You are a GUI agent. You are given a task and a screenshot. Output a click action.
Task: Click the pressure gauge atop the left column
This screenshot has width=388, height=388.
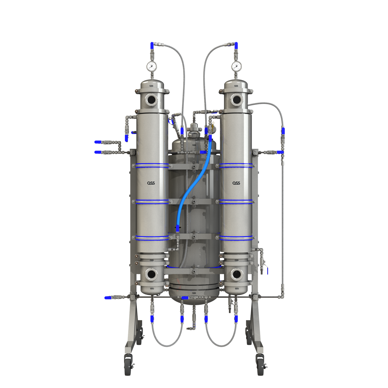coord(151,66)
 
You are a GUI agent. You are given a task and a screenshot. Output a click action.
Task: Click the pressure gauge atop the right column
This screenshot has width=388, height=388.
coord(236,66)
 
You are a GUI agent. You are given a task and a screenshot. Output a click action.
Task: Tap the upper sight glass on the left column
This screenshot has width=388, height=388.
coord(152,100)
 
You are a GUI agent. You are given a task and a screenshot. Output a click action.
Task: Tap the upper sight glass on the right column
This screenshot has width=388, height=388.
coord(237,100)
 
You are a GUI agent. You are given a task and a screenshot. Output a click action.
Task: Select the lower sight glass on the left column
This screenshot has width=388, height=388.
coord(152,274)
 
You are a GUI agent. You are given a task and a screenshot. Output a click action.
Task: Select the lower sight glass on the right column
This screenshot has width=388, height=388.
coord(237,274)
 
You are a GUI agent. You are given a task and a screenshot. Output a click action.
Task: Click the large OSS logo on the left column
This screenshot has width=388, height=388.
coord(151,183)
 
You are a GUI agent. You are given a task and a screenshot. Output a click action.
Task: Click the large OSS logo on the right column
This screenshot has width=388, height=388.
coord(236,183)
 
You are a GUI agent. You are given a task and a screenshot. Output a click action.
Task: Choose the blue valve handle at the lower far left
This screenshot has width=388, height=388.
coord(108,298)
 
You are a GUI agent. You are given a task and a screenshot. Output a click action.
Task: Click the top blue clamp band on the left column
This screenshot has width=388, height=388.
coord(152,165)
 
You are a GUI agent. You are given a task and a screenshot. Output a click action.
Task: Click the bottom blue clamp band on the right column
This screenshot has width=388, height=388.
coord(236,238)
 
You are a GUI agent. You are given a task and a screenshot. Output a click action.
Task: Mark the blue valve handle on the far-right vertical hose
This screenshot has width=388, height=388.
coord(283,131)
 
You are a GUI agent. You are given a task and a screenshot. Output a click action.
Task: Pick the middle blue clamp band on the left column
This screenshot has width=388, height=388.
coord(152,202)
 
